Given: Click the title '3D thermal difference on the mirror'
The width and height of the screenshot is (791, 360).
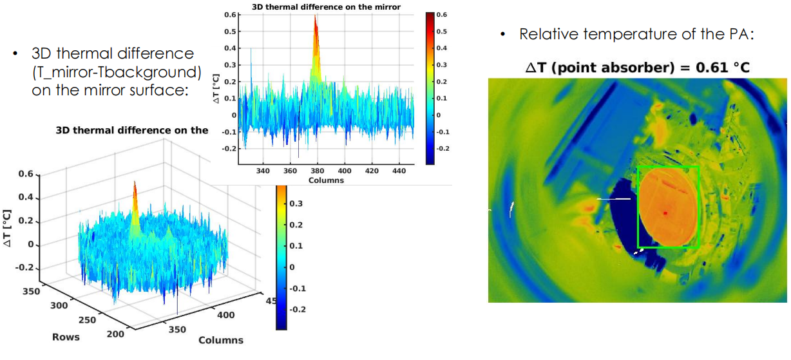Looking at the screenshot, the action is click(326, 6).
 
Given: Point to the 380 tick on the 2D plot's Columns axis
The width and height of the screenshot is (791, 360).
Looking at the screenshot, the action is click(317, 171).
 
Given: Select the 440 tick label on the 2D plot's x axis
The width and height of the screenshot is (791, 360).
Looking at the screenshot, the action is click(399, 171).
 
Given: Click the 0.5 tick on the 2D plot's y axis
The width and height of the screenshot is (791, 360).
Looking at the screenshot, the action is click(230, 32).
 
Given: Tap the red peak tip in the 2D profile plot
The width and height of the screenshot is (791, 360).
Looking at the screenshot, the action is click(315, 15).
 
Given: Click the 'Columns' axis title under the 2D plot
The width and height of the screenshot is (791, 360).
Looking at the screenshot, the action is click(326, 180).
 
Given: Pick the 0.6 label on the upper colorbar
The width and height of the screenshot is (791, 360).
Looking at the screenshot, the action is click(441, 14).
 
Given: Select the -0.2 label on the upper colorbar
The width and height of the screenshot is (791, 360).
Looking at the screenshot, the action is click(443, 149).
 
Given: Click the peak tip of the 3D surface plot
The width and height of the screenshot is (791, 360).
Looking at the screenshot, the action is click(135, 182).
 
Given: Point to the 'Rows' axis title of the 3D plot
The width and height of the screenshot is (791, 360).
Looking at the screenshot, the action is click(66, 337).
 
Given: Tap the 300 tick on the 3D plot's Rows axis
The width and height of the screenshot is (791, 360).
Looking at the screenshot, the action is click(59, 305).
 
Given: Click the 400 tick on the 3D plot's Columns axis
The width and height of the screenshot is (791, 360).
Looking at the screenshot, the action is click(225, 315).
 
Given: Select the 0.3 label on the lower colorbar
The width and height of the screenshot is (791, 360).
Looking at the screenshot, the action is click(296, 204).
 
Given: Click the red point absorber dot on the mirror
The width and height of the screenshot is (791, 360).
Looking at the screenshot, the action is click(665, 213).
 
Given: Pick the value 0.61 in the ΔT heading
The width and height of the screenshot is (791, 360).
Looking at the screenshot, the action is click(710, 68).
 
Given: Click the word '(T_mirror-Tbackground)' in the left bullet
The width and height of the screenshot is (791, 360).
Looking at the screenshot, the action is click(117, 72).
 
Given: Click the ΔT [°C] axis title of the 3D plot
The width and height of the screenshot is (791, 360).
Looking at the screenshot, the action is click(8, 229).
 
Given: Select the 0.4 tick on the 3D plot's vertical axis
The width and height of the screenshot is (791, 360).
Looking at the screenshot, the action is click(26, 197).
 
